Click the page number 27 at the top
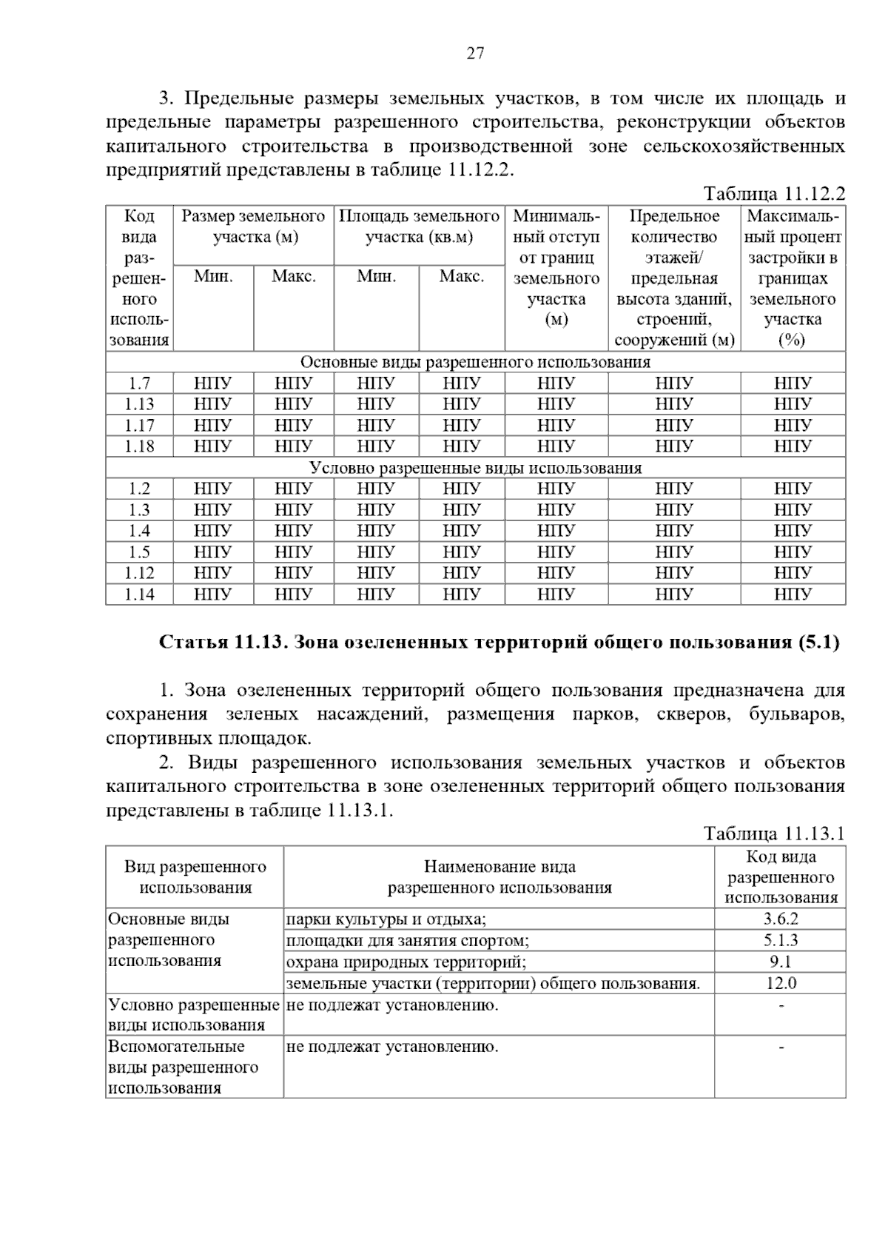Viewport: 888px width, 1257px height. pyautogui.click(x=475, y=53)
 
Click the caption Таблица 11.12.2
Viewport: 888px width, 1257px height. pyautogui.click(x=774, y=194)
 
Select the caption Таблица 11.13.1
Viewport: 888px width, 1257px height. pyautogui.click(x=774, y=834)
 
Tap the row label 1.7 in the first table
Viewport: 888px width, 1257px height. pyautogui.click(x=139, y=383)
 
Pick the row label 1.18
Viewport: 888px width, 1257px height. pyautogui.click(x=139, y=446)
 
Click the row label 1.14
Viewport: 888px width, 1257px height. pyautogui.click(x=139, y=594)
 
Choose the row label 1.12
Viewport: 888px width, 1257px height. pyautogui.click(x=139, y=573)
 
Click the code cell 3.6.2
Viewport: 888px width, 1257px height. pyautogui.click(x=781, y=919)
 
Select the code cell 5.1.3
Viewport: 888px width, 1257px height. pyautogui.click(x=781, y=941)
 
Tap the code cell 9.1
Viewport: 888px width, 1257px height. pyautogui.click(x=781, y=962)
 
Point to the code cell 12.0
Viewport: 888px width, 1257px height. pyautogui.click(x=781, y=983)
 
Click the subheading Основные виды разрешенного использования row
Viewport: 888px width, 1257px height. pyautogui.click(x=475, y=362)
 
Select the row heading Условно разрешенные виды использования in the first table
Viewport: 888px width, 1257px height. pyautogui.click(x=475, y=468)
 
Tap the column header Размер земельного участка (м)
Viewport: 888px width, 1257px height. pyautogui.click(x=253, y=227)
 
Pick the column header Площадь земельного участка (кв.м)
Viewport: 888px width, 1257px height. pyautogui.click(x=419, y=227)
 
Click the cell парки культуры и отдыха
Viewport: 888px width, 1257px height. pyautogui.click(x=386, y=919)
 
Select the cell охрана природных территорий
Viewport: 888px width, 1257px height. pyautogui.click(x=406, y=962)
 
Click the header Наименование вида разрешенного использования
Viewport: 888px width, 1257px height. pyautogui.click(x=499, y=877)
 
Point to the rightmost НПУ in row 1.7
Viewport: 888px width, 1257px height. pyautogui.click(x=793, y=383)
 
